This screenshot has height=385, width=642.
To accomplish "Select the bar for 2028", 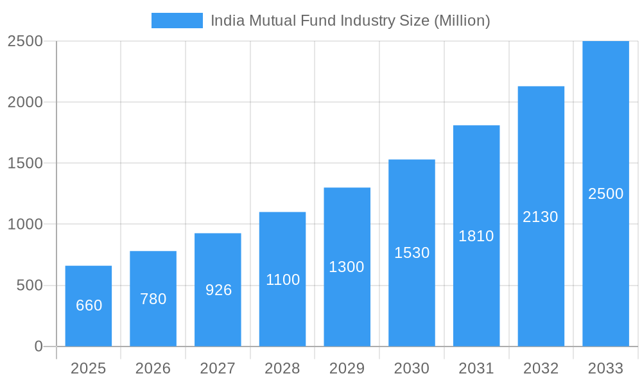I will click(282, 308).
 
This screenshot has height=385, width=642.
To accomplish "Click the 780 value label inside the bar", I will click(153, 299).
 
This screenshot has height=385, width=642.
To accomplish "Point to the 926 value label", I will click(218, 290).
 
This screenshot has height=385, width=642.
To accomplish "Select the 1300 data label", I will click(347, 267).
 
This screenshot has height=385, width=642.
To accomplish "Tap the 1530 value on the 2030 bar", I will click(412, 253).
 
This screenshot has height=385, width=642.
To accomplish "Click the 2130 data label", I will click(541, 217).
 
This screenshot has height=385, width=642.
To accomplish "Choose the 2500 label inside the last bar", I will click(605, 194).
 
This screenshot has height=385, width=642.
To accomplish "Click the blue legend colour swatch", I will click(177, 21).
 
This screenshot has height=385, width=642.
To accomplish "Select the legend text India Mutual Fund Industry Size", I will click(351, 21).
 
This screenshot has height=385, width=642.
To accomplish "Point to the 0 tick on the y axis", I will click(38, 346).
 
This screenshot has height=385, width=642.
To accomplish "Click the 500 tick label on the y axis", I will click(30, 286).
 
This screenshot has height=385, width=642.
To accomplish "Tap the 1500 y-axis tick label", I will click(25, 163).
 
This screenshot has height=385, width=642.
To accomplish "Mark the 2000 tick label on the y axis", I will click(25, 102).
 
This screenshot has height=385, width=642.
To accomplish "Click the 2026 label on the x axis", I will click(153, 368).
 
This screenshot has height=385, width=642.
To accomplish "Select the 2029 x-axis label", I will click(347, 368).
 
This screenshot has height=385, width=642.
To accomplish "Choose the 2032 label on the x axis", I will click(541, 368).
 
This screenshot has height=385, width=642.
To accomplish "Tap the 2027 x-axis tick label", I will click(218, 368).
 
